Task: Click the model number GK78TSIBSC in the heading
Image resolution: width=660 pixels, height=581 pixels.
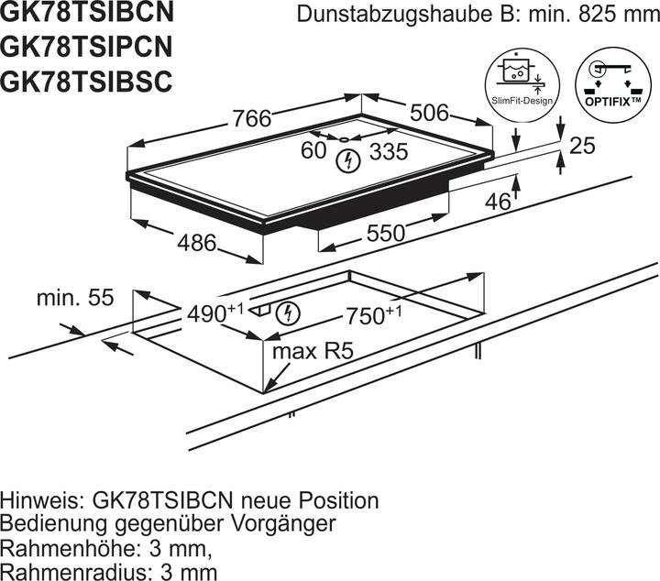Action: pyautogui.click(x=87, y=81)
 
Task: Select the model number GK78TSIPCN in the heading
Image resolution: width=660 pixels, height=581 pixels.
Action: pyautogui.click(x=88, y=48)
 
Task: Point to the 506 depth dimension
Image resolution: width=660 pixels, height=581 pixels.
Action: pyautogui.click(x=428, y=113)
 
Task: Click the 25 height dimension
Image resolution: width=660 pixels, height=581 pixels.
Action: pyautogui.click(x=582, y=145)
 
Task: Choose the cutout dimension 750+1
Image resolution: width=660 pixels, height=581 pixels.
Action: pyautogui.click(x=373, y=315)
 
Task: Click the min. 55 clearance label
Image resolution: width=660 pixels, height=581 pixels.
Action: pyautogui.click(x=74, y=298)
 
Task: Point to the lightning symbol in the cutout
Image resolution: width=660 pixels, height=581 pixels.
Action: pyautogui.click(x=289, y=312)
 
